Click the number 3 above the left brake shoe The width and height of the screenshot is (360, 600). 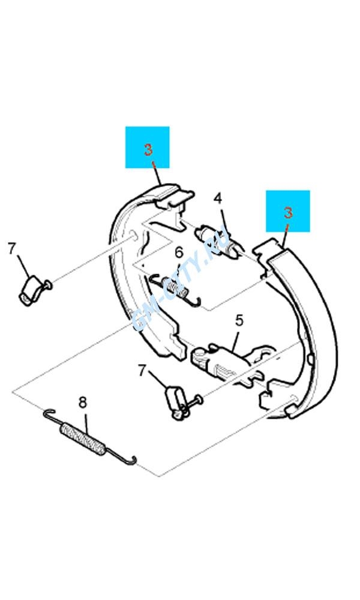tap(148, 149)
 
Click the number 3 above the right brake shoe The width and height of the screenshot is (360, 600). tap(288, 213)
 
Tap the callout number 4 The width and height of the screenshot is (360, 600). tap(218, 198)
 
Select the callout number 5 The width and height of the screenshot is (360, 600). tap(239, 320)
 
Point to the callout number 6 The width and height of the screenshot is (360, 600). tap(179, 253)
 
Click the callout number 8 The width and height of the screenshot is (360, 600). tap(83, 403)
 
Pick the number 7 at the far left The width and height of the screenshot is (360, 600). tap(12, 249)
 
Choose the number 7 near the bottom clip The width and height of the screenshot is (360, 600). tap(142, 370)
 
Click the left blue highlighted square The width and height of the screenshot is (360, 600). tap(147, 148)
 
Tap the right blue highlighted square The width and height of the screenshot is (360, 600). tap(287, 211)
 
